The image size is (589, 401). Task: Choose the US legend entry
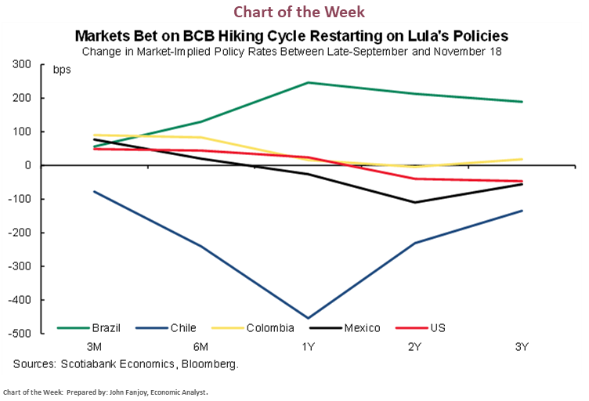click(x=437, y=327)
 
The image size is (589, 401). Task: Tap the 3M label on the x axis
click(x=93, y=346)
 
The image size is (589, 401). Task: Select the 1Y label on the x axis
click(x=308, y=346)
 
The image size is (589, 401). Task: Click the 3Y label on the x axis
click(x=522, y=346)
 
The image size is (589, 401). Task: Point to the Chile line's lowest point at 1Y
click(x=308, y=318)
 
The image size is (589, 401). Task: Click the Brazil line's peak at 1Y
click(x=308, y=82)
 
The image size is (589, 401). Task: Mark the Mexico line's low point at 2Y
click(x=415, y=202)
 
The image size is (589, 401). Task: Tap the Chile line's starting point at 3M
click(x=94, y=191)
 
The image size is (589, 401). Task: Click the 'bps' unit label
click(x=61, y=70)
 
